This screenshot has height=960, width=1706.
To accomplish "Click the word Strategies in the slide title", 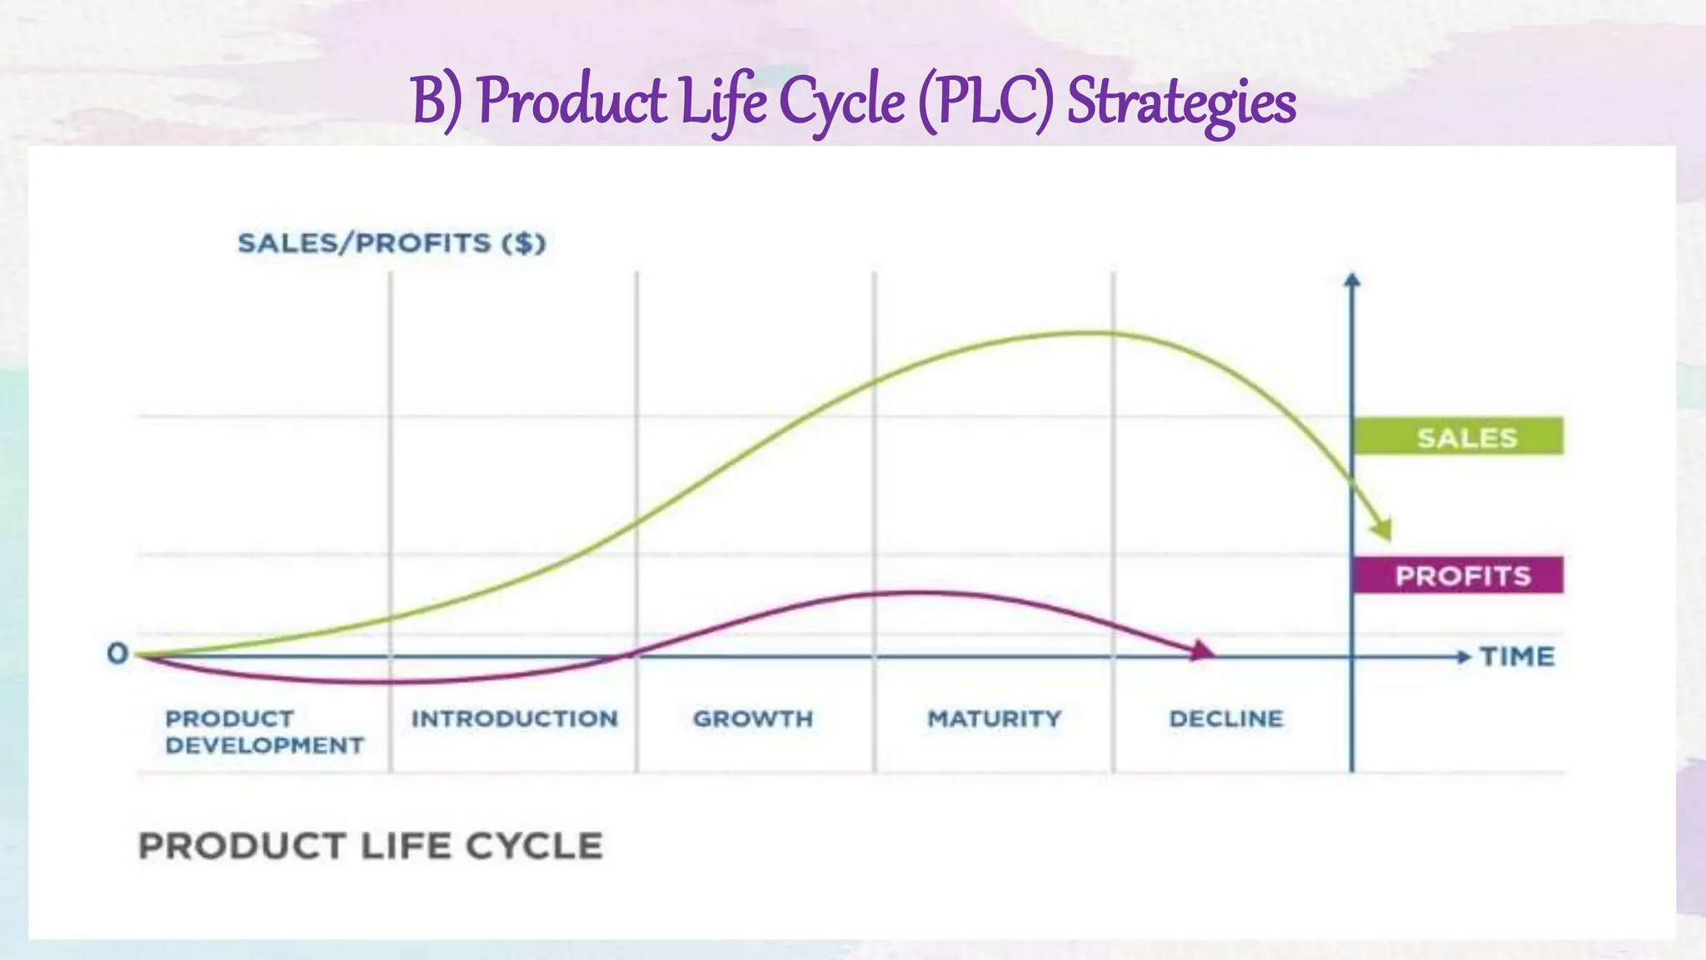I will point(1181,102).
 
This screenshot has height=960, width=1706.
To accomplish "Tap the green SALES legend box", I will point(1458,436).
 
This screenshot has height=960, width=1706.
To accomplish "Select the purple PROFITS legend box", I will point(1458,575).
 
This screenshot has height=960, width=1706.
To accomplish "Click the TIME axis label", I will point(1517,657).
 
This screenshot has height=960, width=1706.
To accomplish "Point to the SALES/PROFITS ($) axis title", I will point(392,243).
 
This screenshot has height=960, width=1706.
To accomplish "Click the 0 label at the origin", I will point(117,654).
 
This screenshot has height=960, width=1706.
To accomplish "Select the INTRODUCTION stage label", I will point(514,718).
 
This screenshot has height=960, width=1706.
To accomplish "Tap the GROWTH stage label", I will point(752,718).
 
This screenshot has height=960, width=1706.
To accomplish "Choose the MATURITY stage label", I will point(994,718).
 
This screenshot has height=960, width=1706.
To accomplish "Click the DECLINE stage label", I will point(1225,718).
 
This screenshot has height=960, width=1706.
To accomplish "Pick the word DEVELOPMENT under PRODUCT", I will point(264,745).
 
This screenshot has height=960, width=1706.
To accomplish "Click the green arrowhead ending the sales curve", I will point(1382,528).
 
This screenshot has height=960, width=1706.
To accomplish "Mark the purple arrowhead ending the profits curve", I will point(1202,651).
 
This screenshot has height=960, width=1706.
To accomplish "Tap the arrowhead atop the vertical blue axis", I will point(1352,280).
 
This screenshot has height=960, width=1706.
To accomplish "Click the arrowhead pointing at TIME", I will point(1464,657).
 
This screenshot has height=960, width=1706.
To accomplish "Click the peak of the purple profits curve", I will point(912,592).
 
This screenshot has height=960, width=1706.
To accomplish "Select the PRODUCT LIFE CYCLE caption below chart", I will point(370,846).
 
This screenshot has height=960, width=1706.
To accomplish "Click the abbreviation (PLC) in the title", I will point(985,102).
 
